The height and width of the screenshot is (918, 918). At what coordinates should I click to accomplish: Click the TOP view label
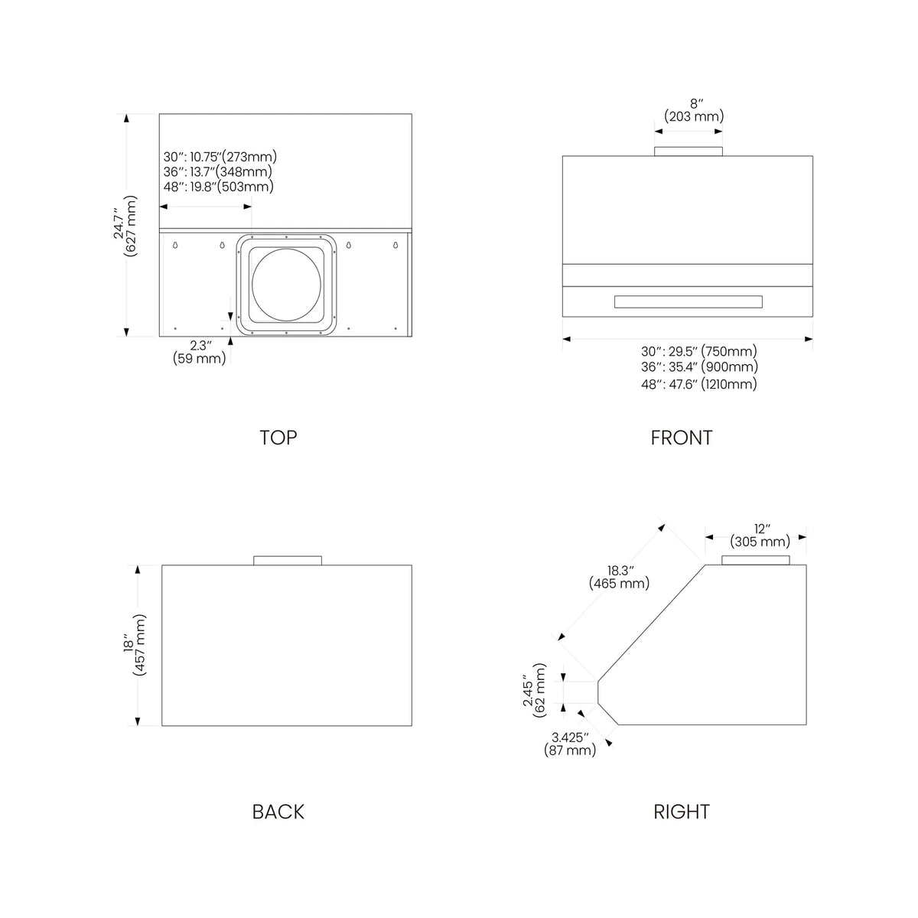[x=278, y=438]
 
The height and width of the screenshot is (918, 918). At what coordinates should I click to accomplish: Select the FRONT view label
[x=682, y=438]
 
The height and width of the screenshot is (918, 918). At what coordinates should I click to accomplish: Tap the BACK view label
[x=278, y=812]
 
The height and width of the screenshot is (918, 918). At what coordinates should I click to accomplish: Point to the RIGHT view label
[x=682, y=812]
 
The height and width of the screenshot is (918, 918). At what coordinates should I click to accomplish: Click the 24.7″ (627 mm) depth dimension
[x=125, y=226]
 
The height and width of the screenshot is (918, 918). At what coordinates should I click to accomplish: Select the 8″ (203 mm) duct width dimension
[x=694, y=110]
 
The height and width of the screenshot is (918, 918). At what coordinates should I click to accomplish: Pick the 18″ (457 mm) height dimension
[x=135, y=645]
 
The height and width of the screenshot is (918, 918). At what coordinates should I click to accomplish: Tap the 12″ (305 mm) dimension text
[x=760, y=535]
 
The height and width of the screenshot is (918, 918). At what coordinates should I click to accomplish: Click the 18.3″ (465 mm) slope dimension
[x=619, y=577]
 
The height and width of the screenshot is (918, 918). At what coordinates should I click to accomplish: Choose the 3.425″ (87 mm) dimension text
[x=570, y=744]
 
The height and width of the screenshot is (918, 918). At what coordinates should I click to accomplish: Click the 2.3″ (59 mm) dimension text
[x=199, y=352]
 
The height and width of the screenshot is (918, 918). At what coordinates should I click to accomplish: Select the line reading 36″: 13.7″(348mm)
[x=218, y=171]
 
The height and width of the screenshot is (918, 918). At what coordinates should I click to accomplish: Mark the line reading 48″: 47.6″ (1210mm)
[x=699, y=384]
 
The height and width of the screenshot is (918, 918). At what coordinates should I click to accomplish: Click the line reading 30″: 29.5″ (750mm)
[x=699, y=351]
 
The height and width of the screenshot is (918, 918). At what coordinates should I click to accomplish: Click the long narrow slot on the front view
[x=688, y=301]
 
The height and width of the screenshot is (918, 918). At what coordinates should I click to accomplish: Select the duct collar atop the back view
[x=288, y=560]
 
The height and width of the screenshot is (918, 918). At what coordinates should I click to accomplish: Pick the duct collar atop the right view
[x=756, y=560]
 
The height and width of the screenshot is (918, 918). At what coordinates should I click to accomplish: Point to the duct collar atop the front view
[x=688, y=151]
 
